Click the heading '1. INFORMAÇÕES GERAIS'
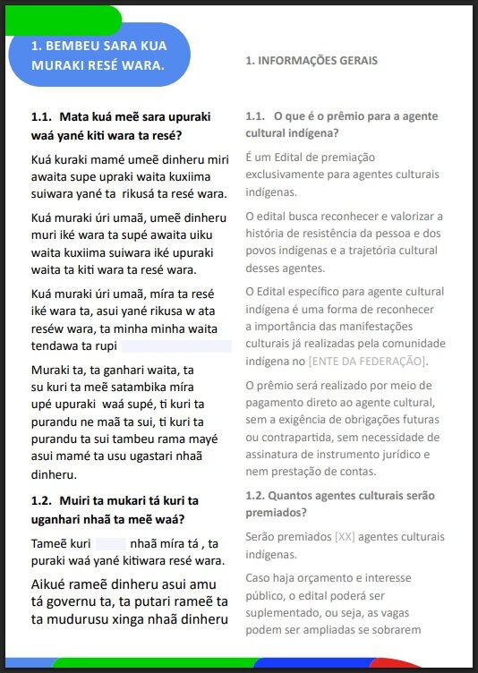pyautogui.click(x=312, y=61)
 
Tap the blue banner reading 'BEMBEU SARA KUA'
pyautogui.click(x=98, y=45)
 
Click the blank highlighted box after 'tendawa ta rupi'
pyautogui.click(x=175, y=346)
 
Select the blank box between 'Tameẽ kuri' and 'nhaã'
pyautogui.click(x=111, y=543)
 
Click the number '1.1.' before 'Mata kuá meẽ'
pyautogui.click(x=41, y=116)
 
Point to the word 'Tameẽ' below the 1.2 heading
pyautogui.click(x=49, y=543)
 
